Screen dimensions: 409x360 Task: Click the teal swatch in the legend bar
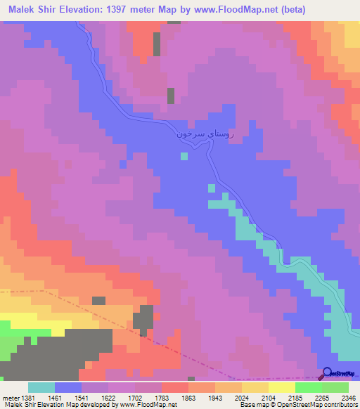41,387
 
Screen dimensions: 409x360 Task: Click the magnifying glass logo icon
326,373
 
